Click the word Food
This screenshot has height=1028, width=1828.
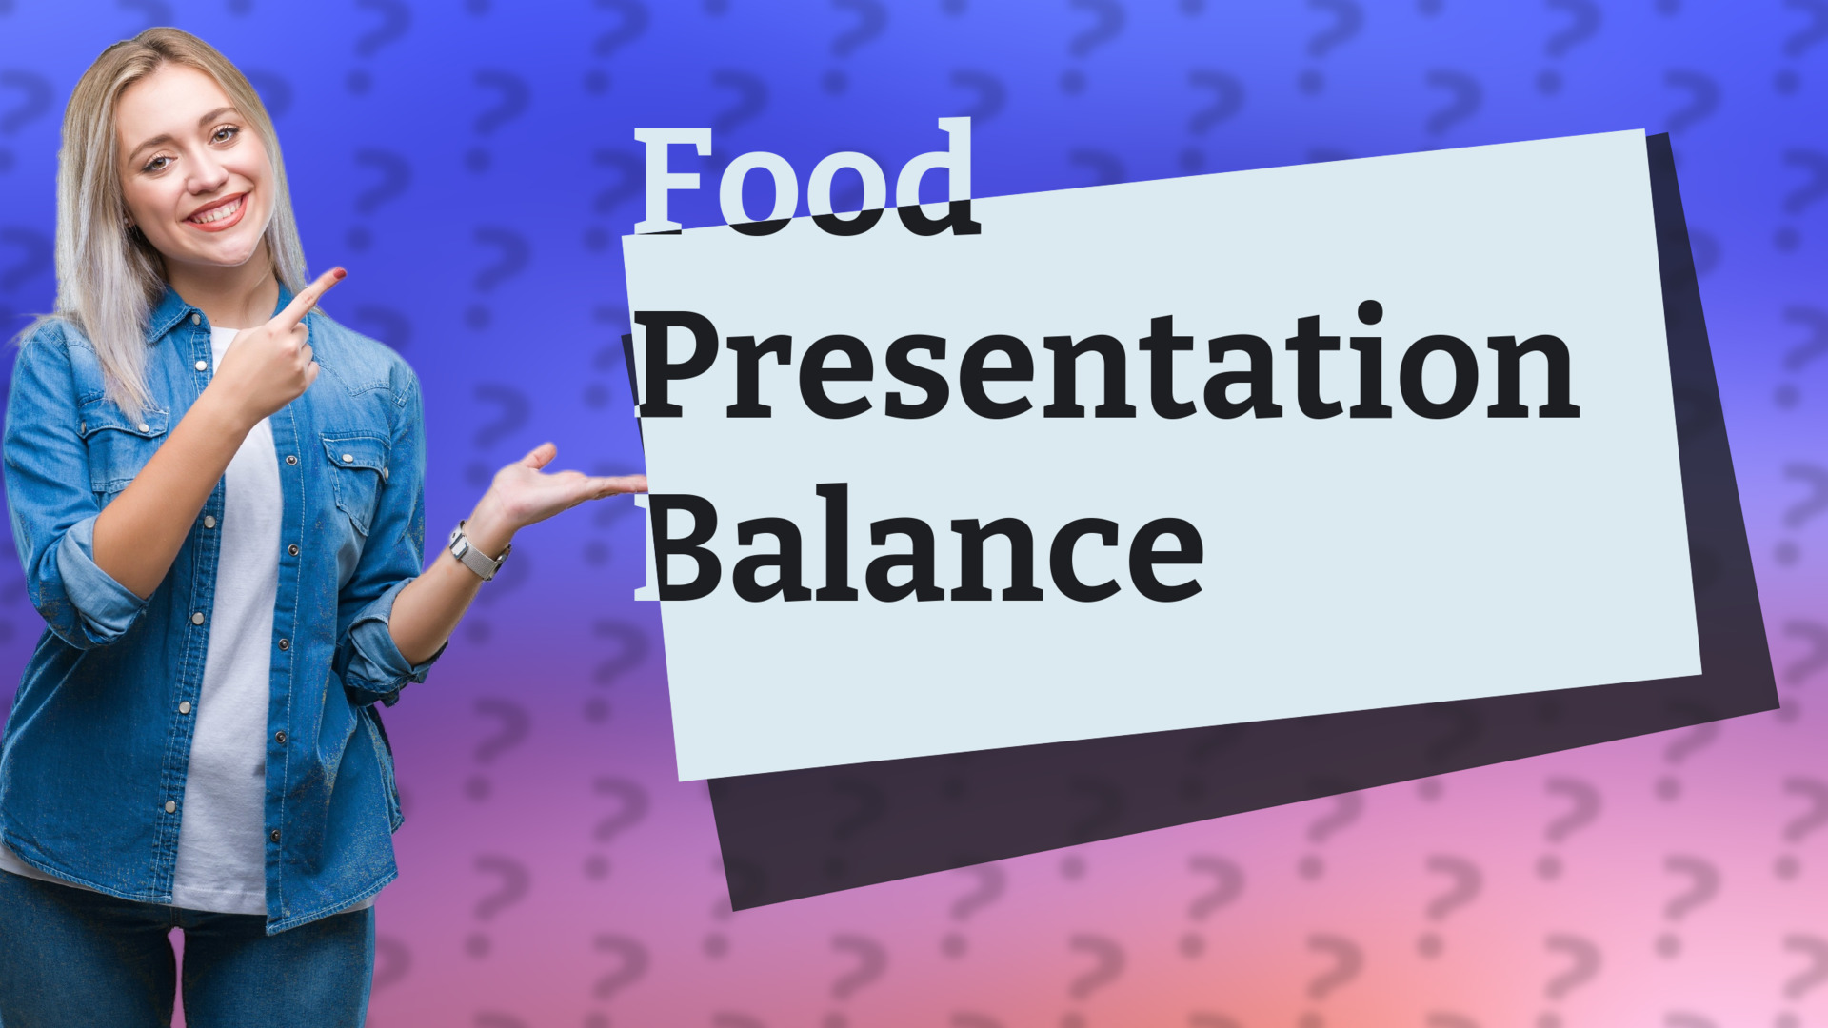point(805,181)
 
